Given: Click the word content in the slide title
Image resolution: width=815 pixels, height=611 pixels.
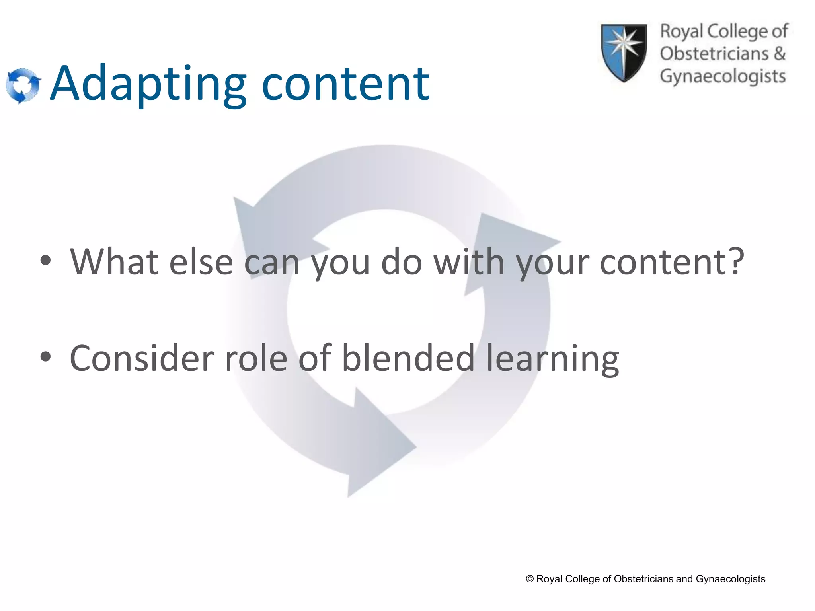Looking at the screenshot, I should point(345,84).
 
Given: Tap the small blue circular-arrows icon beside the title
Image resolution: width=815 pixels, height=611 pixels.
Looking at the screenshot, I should point(23,85).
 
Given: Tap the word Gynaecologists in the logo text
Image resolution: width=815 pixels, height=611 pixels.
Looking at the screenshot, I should point(723,76).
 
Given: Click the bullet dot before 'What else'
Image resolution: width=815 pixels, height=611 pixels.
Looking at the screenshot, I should point(46,261).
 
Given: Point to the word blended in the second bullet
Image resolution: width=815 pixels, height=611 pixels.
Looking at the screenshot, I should point(408,358).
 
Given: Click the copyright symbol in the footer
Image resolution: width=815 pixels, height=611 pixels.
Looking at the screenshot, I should point(530,579).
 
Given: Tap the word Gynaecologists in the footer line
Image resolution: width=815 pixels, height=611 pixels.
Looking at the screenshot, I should point(731,579).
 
